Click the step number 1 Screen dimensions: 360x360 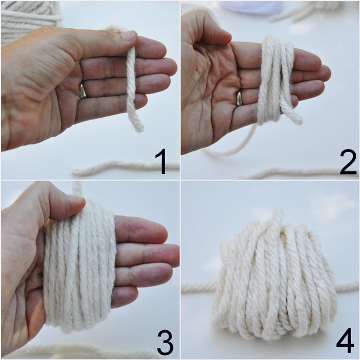(161, 161)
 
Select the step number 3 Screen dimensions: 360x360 (165, 342)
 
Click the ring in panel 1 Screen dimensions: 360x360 (82, 91)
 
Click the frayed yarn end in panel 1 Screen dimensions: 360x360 (138, 127)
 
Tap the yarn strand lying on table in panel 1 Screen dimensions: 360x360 (126, 166)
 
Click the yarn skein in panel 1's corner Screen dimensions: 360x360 (31, 22)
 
